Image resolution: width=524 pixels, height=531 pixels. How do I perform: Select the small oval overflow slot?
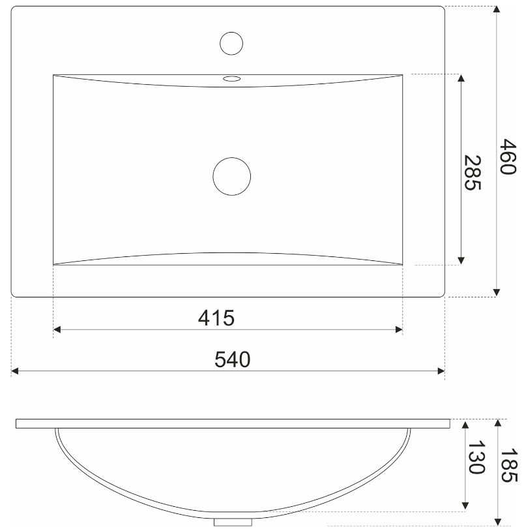232,79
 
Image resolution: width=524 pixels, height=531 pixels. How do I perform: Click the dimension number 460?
508,156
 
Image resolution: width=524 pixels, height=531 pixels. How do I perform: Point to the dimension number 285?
473,172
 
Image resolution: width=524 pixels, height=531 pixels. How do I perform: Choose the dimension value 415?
216,318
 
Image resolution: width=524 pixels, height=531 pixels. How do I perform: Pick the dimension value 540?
233,359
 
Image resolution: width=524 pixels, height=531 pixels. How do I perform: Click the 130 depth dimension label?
476,457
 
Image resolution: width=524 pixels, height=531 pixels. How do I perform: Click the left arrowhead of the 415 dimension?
57,329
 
